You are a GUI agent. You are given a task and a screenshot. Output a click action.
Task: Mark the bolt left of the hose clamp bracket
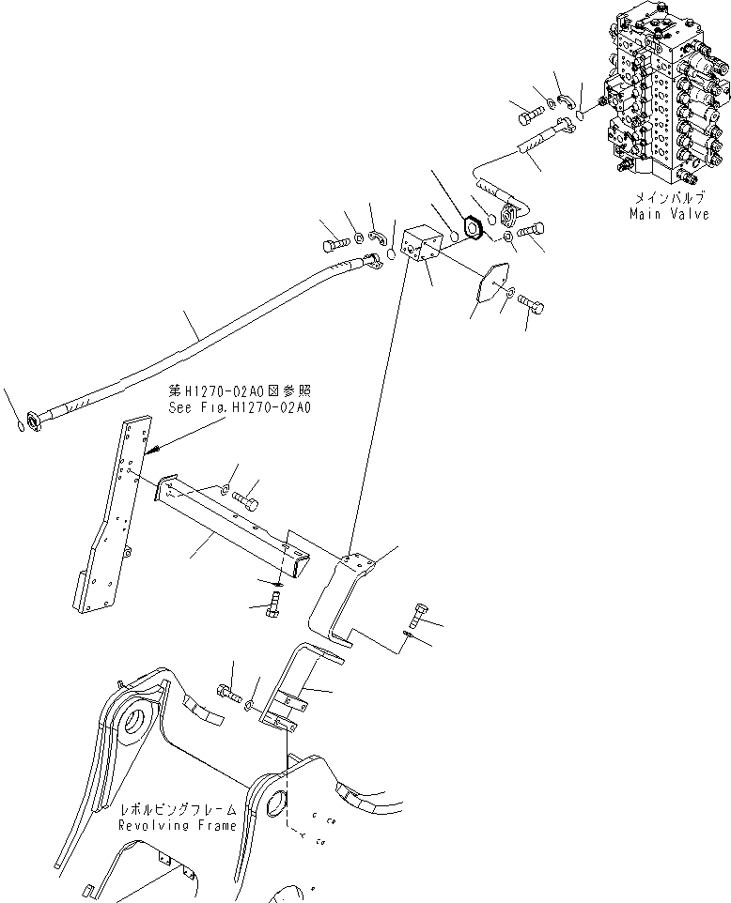tap(227, 696)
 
